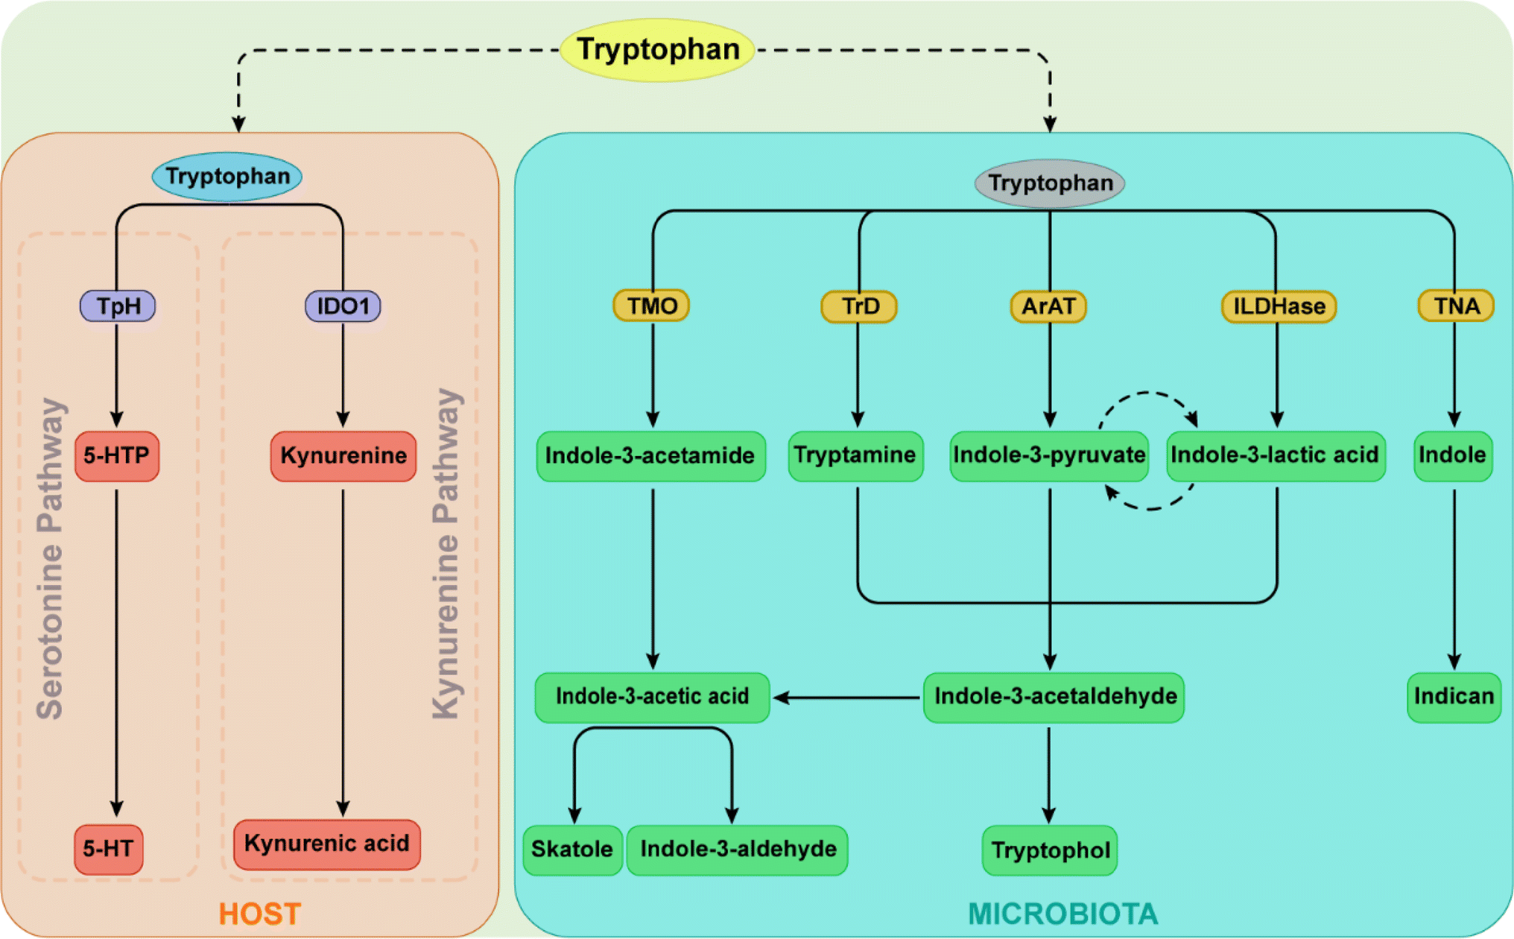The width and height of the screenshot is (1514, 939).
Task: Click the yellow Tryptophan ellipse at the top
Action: (657, 50)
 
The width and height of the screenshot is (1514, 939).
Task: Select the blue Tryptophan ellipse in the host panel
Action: (227, 177)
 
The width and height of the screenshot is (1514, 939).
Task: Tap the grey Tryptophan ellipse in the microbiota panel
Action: (1049, 183)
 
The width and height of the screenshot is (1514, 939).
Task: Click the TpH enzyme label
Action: (118, 306)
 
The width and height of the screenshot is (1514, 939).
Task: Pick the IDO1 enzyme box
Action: (343, 306)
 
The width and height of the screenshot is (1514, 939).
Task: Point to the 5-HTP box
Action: (116, 455)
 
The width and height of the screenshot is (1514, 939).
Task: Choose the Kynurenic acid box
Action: (326, 844)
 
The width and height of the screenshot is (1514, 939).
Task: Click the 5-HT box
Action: (108, 848)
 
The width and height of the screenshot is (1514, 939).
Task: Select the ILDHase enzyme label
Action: (1279, 306)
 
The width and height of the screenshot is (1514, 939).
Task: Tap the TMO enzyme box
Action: (651, 306)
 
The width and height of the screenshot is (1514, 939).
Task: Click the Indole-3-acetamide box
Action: (650, 455)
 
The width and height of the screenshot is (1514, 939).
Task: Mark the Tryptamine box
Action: (855, 455)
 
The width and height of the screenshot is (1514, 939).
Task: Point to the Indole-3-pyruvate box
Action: (1049, 455)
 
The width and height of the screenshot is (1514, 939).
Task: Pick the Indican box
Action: (1454, 697)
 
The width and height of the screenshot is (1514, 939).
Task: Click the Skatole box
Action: (572, 850)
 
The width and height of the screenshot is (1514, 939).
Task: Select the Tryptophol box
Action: (1049, 850)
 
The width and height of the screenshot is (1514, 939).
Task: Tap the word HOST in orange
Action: (259, 914)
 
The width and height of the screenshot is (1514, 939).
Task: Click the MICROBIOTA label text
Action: (1062, 914)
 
